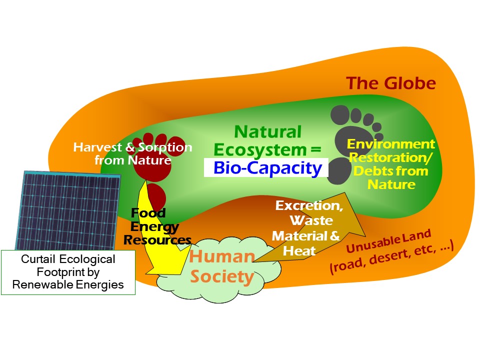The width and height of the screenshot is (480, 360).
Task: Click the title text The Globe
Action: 391,83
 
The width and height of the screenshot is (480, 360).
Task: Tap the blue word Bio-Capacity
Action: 267,168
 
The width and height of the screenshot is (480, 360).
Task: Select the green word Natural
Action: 268,132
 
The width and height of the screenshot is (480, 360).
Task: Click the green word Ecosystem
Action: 260,150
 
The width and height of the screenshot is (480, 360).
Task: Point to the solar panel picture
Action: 67,211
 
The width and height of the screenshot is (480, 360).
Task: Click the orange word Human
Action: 222,256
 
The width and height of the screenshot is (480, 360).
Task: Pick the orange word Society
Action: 222,277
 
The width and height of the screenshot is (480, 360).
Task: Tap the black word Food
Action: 148,213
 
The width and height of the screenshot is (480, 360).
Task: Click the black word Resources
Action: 157,240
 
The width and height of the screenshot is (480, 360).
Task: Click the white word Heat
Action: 299,251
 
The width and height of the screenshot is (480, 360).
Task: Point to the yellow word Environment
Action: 391,144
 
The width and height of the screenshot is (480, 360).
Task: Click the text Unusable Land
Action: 389,241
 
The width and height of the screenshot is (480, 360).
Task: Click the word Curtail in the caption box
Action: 38,259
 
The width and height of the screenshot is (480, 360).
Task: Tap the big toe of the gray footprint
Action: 340,115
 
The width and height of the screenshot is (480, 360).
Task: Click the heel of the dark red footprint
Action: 156,196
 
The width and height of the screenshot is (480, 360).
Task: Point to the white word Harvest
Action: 97,147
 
